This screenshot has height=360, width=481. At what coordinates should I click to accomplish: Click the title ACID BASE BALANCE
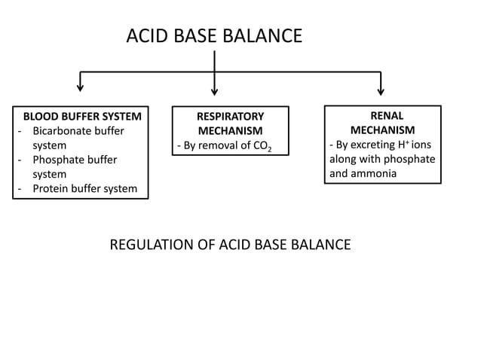[214, 35]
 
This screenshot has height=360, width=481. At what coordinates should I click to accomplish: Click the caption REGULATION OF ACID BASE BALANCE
[230, 245]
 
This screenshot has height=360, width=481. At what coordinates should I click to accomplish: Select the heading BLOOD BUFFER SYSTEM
[82, 117]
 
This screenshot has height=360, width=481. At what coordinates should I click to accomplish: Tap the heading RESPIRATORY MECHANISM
[230, 124]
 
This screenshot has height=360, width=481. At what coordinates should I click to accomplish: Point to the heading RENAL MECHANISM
[382, 123]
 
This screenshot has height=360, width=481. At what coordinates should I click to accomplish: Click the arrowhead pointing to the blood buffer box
[80, 90]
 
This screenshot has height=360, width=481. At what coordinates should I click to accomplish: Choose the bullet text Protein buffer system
[84, 188]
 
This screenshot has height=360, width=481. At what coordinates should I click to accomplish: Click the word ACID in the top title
[145, 35]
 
